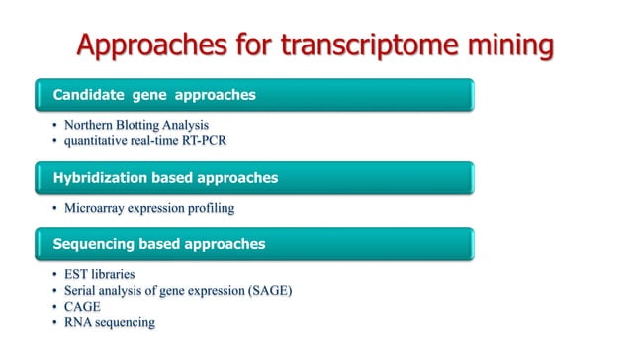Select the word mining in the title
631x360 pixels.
click(505, 45)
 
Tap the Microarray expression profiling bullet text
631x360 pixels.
click(148, 209)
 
